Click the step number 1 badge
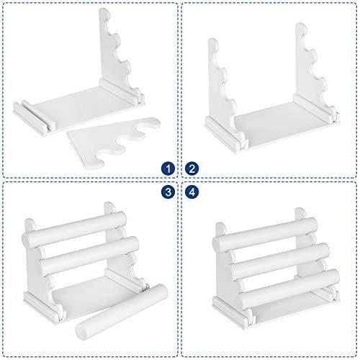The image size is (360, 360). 168,168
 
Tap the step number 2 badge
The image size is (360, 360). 192,168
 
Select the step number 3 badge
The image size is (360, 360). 168,192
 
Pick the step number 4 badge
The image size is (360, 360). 192,192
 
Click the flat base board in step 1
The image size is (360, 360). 79,108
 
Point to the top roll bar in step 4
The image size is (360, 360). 265,233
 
